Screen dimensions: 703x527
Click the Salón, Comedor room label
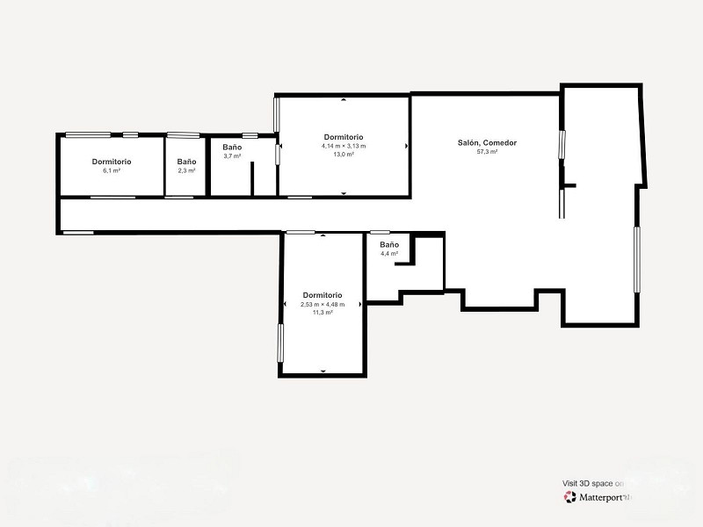(x=487, y=143)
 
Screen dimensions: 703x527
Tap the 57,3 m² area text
(x=487, y=152)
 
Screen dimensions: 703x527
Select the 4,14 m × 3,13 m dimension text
(x=344, y=146)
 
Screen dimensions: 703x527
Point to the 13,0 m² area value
(x=344, y=155)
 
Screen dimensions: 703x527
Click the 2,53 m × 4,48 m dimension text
(x=323, y=305)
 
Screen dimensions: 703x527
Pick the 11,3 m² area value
(x=323, y=313)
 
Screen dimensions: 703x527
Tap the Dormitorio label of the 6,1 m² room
(x=112, y=162)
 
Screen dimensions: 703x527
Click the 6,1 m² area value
(x=112, y=170)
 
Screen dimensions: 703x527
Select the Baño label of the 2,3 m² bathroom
(x=186, y=162)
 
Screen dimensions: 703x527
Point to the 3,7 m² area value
(x=232, y=156)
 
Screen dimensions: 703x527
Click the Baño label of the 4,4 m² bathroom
(x=389, y=245)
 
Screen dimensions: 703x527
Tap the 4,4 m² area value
(x=389, y=254)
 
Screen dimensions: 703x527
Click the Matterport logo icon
(x=569, y=497)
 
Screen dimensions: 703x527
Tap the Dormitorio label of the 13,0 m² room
(x=344, y=137)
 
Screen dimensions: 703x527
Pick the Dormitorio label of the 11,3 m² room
(x=323, y=295)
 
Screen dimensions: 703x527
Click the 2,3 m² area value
(x=186, y=170)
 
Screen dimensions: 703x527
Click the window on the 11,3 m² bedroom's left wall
(x=280, y=343)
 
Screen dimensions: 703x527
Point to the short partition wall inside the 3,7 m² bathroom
(x=252, y=178)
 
